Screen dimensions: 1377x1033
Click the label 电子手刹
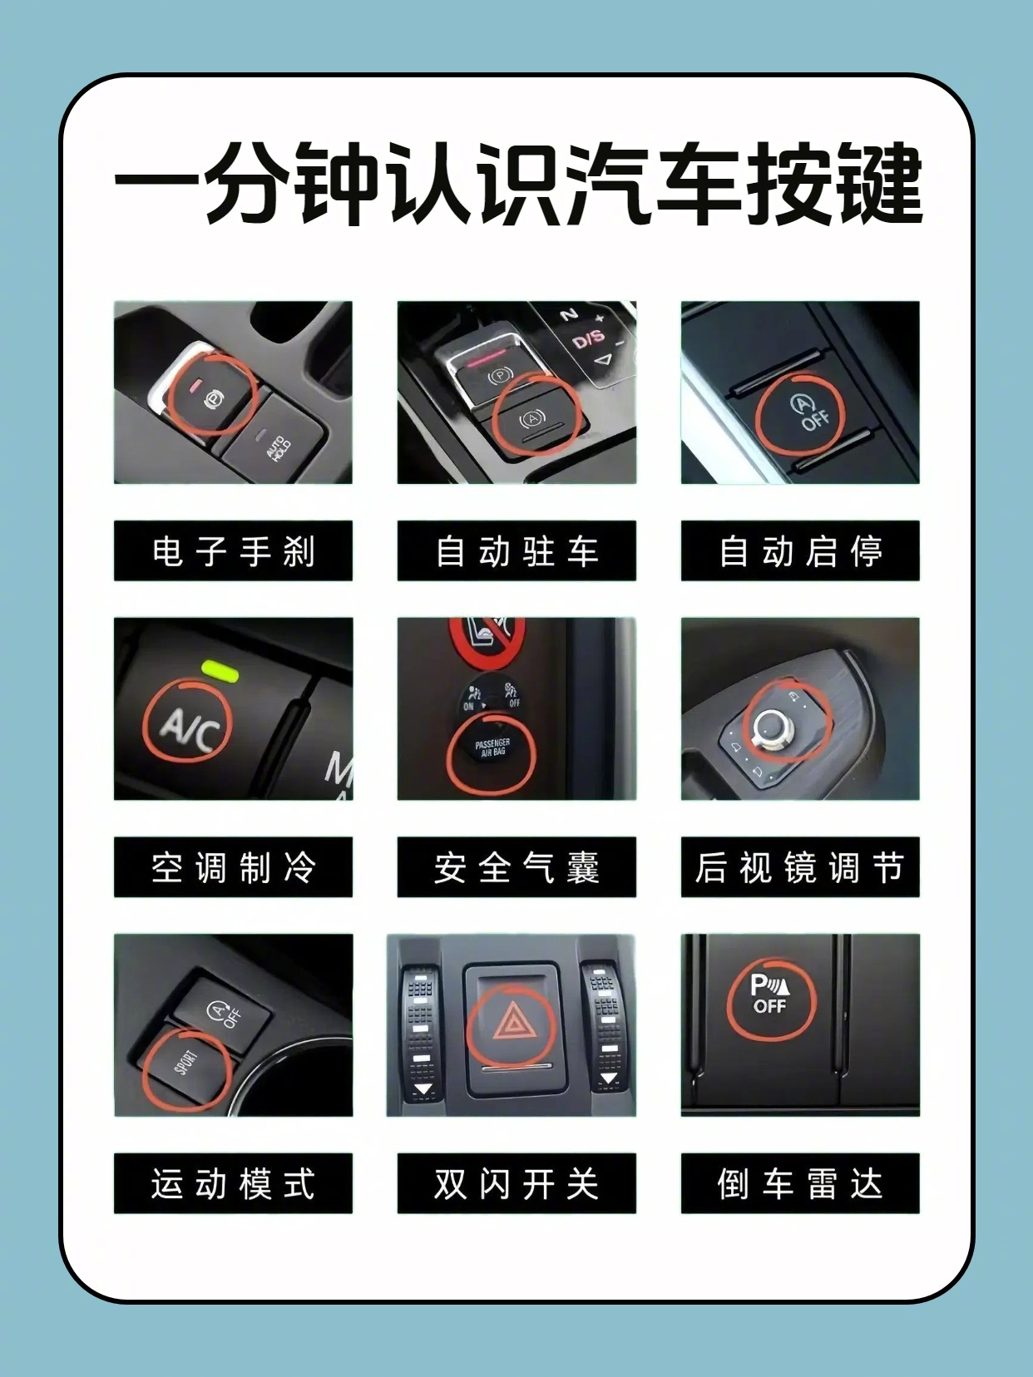(233, 550)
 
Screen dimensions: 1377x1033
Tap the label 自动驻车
(516, 550)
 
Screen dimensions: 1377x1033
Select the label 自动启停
(800, 550)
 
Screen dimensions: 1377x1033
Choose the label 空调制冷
(233, 867)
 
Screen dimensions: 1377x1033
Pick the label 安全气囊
(516, 867)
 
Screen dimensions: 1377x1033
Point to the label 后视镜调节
(800, 867)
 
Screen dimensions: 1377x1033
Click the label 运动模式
(233, 1183)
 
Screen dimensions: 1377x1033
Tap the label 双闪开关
(516, 1183)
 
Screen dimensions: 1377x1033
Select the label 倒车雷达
(800, 1183)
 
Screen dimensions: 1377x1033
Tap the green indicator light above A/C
(220, 669)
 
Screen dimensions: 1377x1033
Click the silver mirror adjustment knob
(772, 729)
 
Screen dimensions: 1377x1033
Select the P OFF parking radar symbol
(770, 994)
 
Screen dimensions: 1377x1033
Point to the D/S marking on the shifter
(589, 339)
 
